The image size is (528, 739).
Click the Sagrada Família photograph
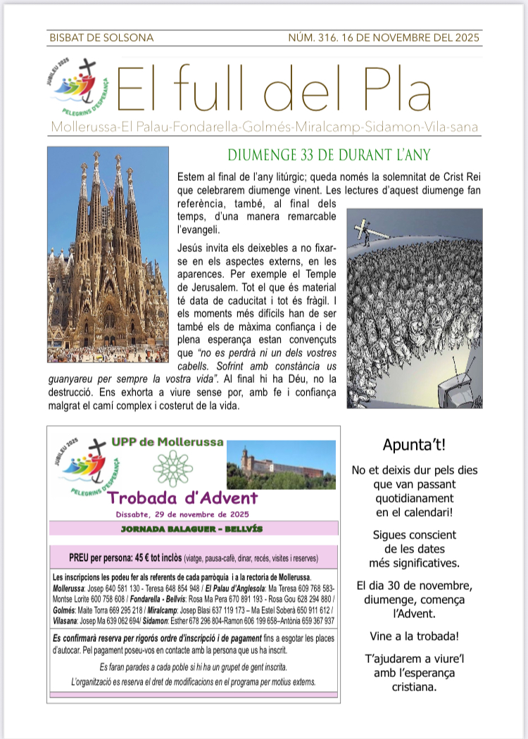click(x=108, y=255)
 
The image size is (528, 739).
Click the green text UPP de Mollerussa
click(x=167, y=442)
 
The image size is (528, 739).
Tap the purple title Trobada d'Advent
click(x=183, y=498)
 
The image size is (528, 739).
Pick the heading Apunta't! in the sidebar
click(x=414, y=445)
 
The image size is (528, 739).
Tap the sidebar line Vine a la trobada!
click(x=414, y=636)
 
